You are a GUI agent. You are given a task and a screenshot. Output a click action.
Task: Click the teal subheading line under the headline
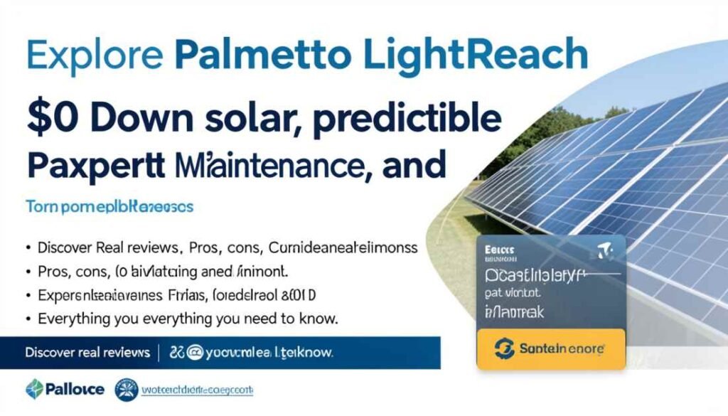pos(109,208)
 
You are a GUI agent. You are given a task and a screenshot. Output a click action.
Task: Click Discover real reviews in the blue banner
pos(87,352)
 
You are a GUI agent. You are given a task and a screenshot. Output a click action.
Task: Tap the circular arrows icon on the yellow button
pos(503,349)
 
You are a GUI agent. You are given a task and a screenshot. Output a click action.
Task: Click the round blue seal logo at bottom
pos(127,390)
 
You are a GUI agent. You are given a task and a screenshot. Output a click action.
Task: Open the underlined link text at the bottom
pos(198,390)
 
